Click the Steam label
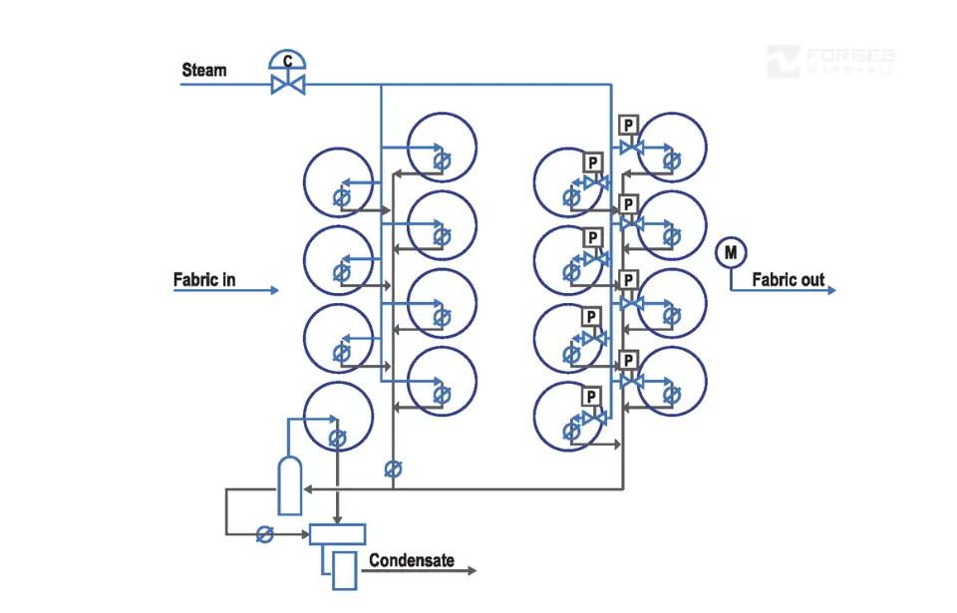tap(203, 71)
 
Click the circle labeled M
tap(731, 253)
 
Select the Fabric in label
tap(204, 280)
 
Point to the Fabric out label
tap(788, 280)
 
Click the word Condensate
tap(412, 561)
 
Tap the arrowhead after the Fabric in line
tap(274, 291)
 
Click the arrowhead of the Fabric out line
tap(830, 291)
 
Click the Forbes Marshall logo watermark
tap(830, 61)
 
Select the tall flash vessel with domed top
tap(289, 485)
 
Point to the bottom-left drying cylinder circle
tap(338, 416)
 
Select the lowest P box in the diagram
tap(591, 397)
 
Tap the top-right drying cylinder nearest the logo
tap(672, 148)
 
